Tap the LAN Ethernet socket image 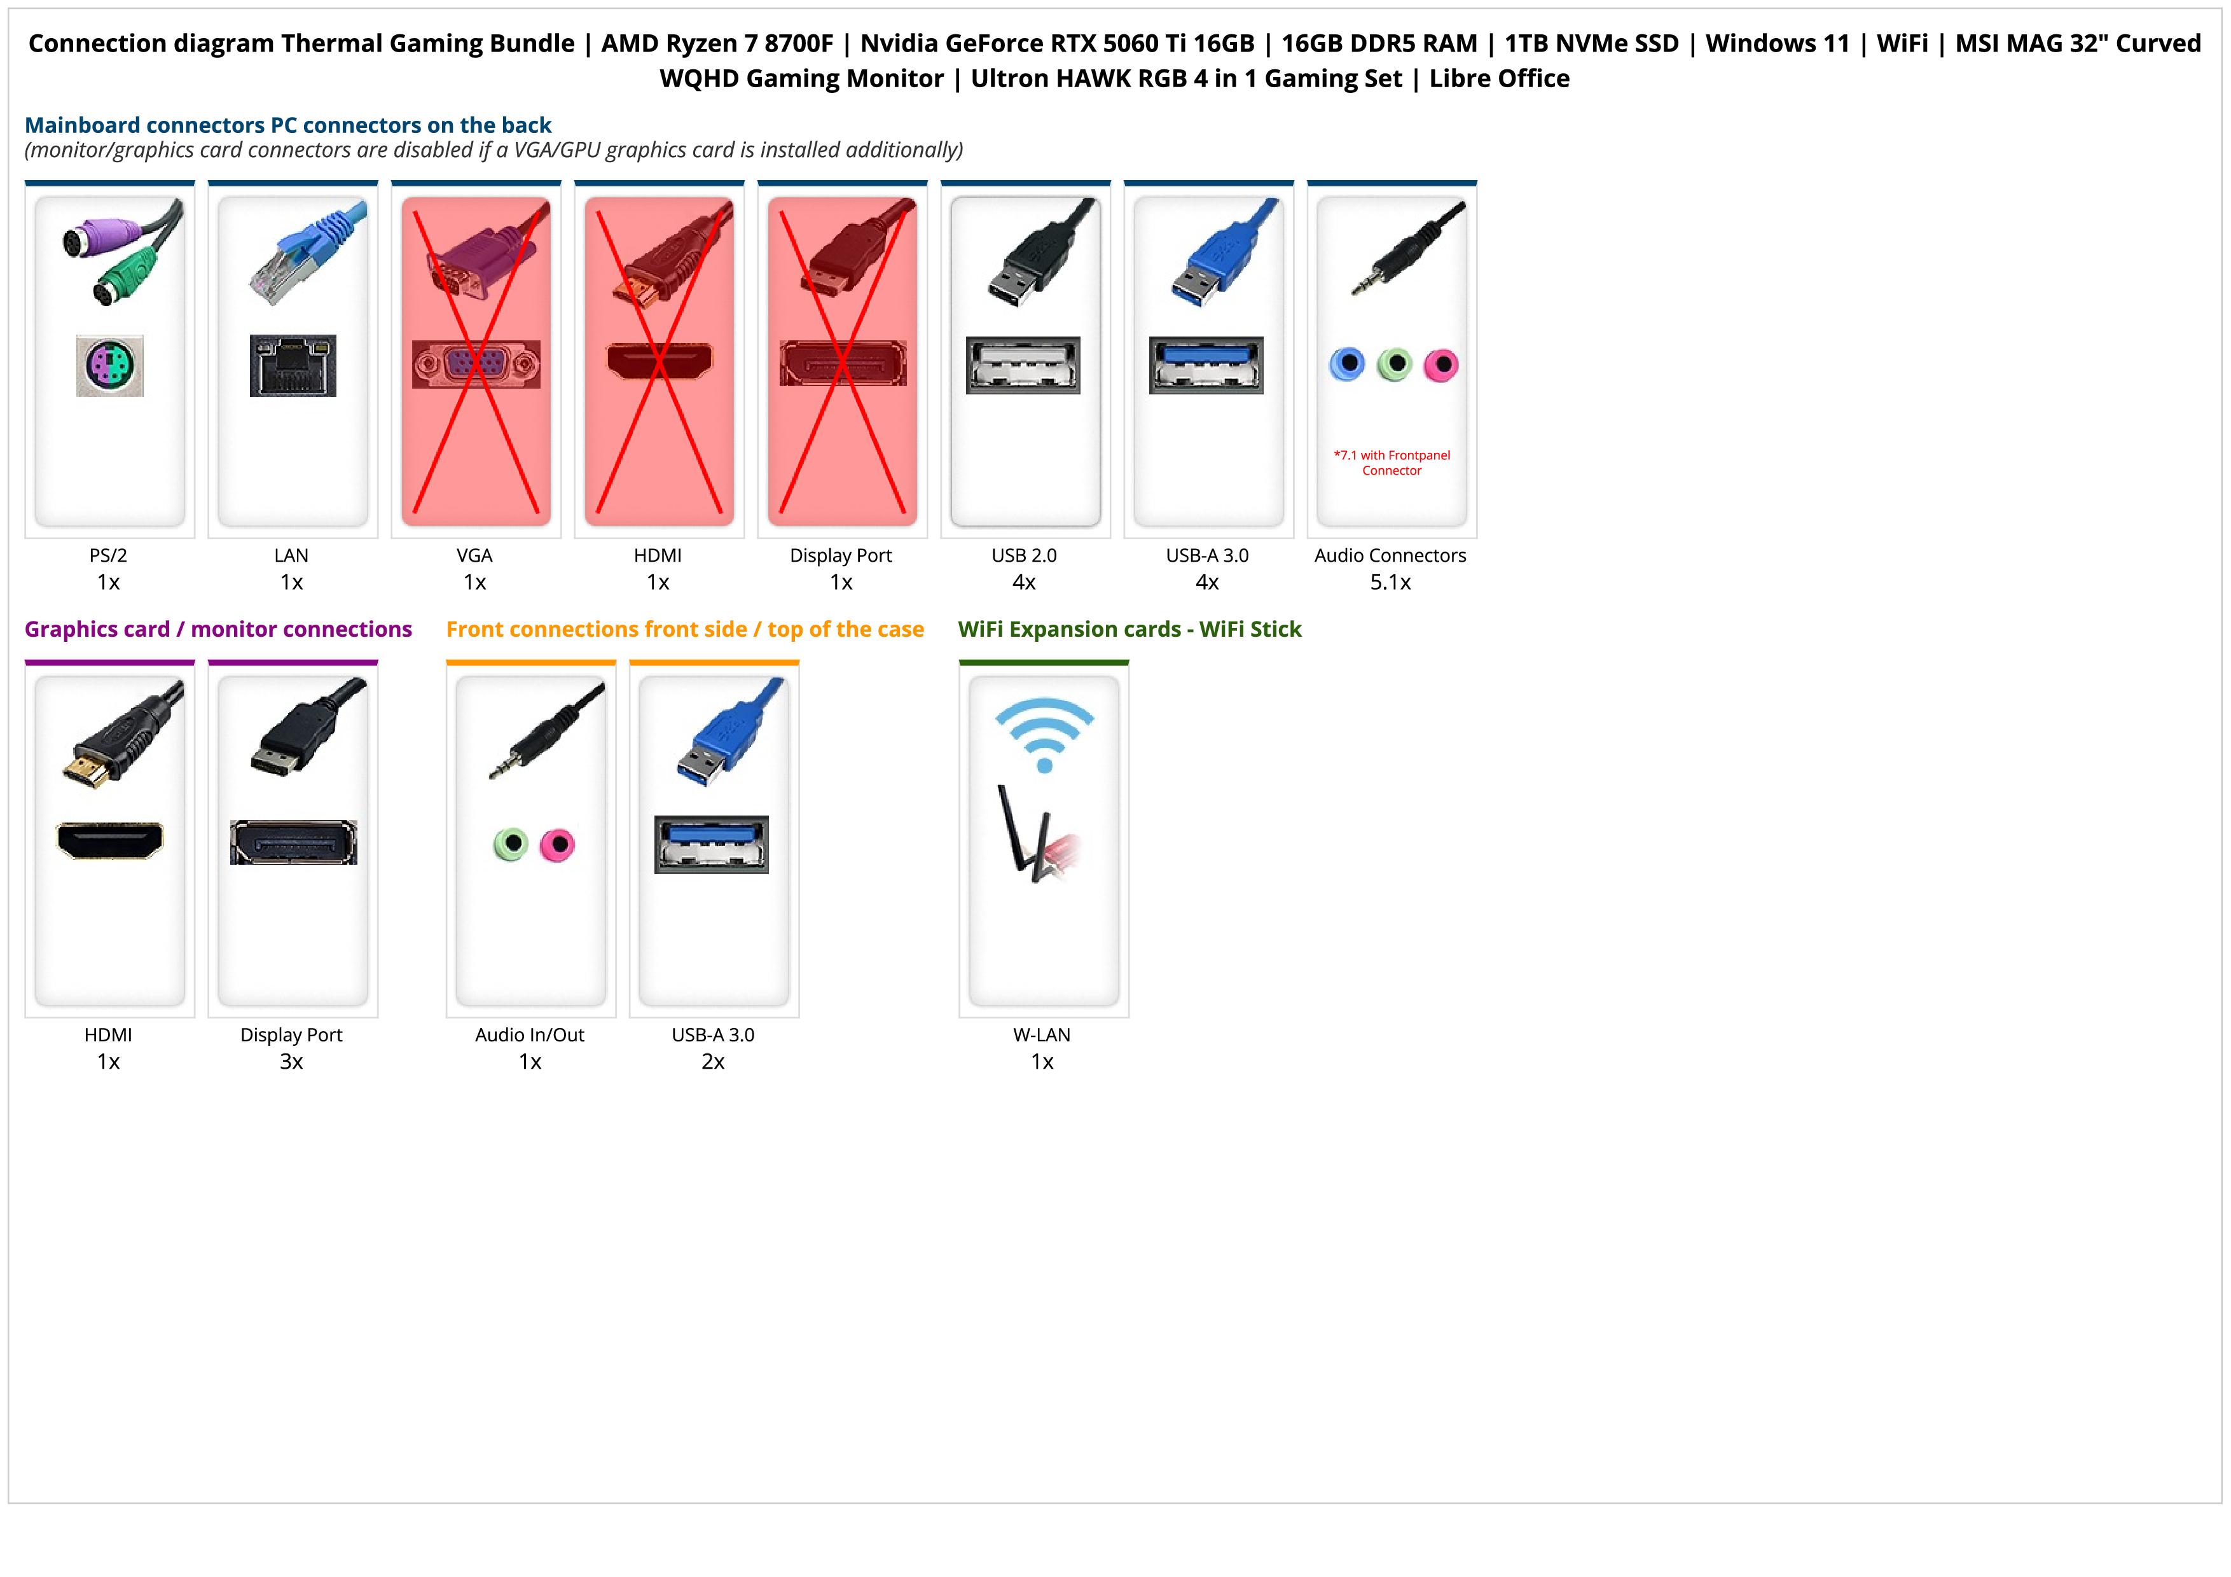(293, 365)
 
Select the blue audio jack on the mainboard (1347, 365)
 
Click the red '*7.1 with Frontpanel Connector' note (1392, 462)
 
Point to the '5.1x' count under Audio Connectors (1390, 582)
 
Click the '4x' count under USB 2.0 (1024, 582)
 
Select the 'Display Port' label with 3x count (291, 1035)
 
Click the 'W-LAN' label (1042, 1035)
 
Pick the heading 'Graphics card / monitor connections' (219, 630)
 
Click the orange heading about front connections (685, 630)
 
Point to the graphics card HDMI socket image (110, 840)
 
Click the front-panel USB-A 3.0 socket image (711, 844)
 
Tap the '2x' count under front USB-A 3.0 (713, 1061)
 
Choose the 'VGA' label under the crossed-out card (474, 556)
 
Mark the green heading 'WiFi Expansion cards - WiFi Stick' (1129, 630)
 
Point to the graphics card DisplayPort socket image (293, 842)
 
